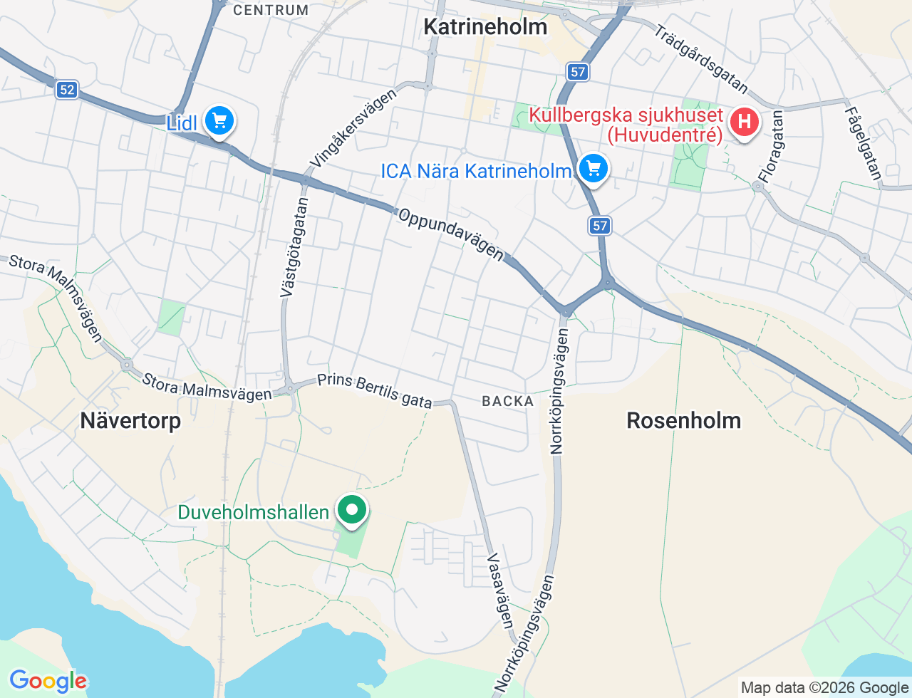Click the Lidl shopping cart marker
pyautogui.click(x=219, y=121)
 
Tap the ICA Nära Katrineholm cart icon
pyautogui.click(x=594, y=169)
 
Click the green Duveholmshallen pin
pyautogui.click(x=351, y=510)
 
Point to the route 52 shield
pyautogui.click(x=67, y=90)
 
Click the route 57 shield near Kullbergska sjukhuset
pyautogui.click(x=578, y=71)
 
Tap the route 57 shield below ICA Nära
pyautogui.click(x=600, y=226)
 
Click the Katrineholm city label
pyautogui.click(x=485, y=27)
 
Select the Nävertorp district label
pyautogui.click(x=130, y=420)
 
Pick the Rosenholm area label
pyautogui.click(x=683, y=420)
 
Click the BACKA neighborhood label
pyautogui.click(x=507, y=401)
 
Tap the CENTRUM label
pyautogui.click(x=271, y=10)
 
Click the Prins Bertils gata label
pyautogui.click(x=375, y=390)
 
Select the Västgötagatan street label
pyautogui.click(x=294, y=247)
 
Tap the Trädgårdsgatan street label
pyautogui.click(x=701, y=60)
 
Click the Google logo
pyautogui.click(x=48, y=681)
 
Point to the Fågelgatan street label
pyautogui.click(x=863, y=143)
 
